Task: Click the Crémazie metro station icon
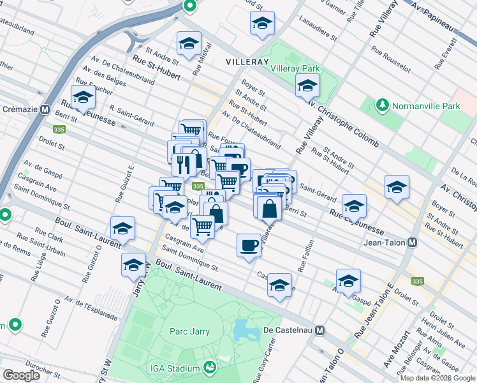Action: coord(45,109)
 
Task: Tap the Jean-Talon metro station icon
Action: coord(413,243)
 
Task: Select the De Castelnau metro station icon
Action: coord(320,331)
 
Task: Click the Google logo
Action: coord(21,375)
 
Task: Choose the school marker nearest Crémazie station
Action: coord(83,98)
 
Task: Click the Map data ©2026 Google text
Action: coord(437,378)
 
